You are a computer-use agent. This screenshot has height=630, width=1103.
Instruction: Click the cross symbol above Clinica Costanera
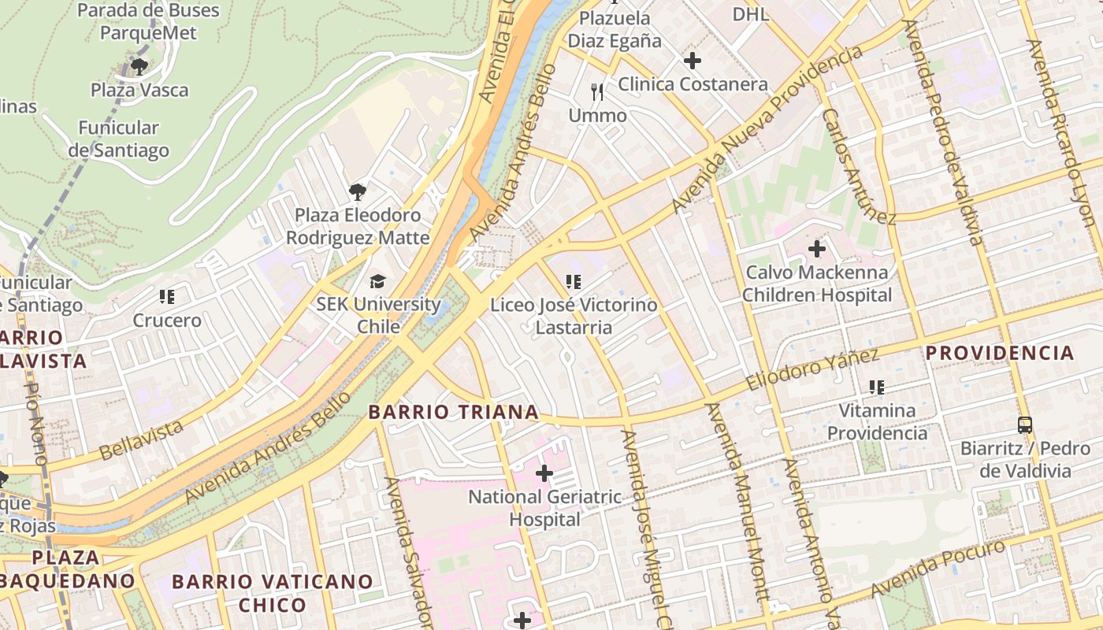692,61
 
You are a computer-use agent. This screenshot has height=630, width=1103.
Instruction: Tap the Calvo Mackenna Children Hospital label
817,283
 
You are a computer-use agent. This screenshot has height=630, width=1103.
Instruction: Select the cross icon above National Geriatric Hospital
544,473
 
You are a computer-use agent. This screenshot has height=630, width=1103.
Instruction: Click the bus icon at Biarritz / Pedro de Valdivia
1024,425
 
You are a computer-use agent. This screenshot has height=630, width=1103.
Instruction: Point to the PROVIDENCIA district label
999,353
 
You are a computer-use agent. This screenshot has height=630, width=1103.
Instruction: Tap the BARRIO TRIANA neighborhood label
454,412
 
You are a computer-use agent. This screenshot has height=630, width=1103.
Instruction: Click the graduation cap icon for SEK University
378,281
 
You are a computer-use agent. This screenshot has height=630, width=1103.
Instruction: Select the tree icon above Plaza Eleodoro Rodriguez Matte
357,191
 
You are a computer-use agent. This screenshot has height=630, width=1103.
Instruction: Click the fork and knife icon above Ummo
597,92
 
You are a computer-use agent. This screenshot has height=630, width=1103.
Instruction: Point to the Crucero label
167,321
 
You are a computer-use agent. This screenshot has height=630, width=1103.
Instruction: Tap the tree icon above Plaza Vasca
139,66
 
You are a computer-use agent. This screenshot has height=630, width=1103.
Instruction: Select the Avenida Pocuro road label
938,569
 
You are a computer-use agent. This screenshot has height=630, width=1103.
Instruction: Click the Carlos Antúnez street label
858,166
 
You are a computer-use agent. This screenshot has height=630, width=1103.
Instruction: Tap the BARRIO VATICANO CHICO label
272,593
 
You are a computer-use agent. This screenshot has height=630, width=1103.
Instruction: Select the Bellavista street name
142,439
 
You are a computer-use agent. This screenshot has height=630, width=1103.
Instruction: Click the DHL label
750,14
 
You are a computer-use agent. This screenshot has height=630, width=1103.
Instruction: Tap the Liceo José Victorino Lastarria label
574,315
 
